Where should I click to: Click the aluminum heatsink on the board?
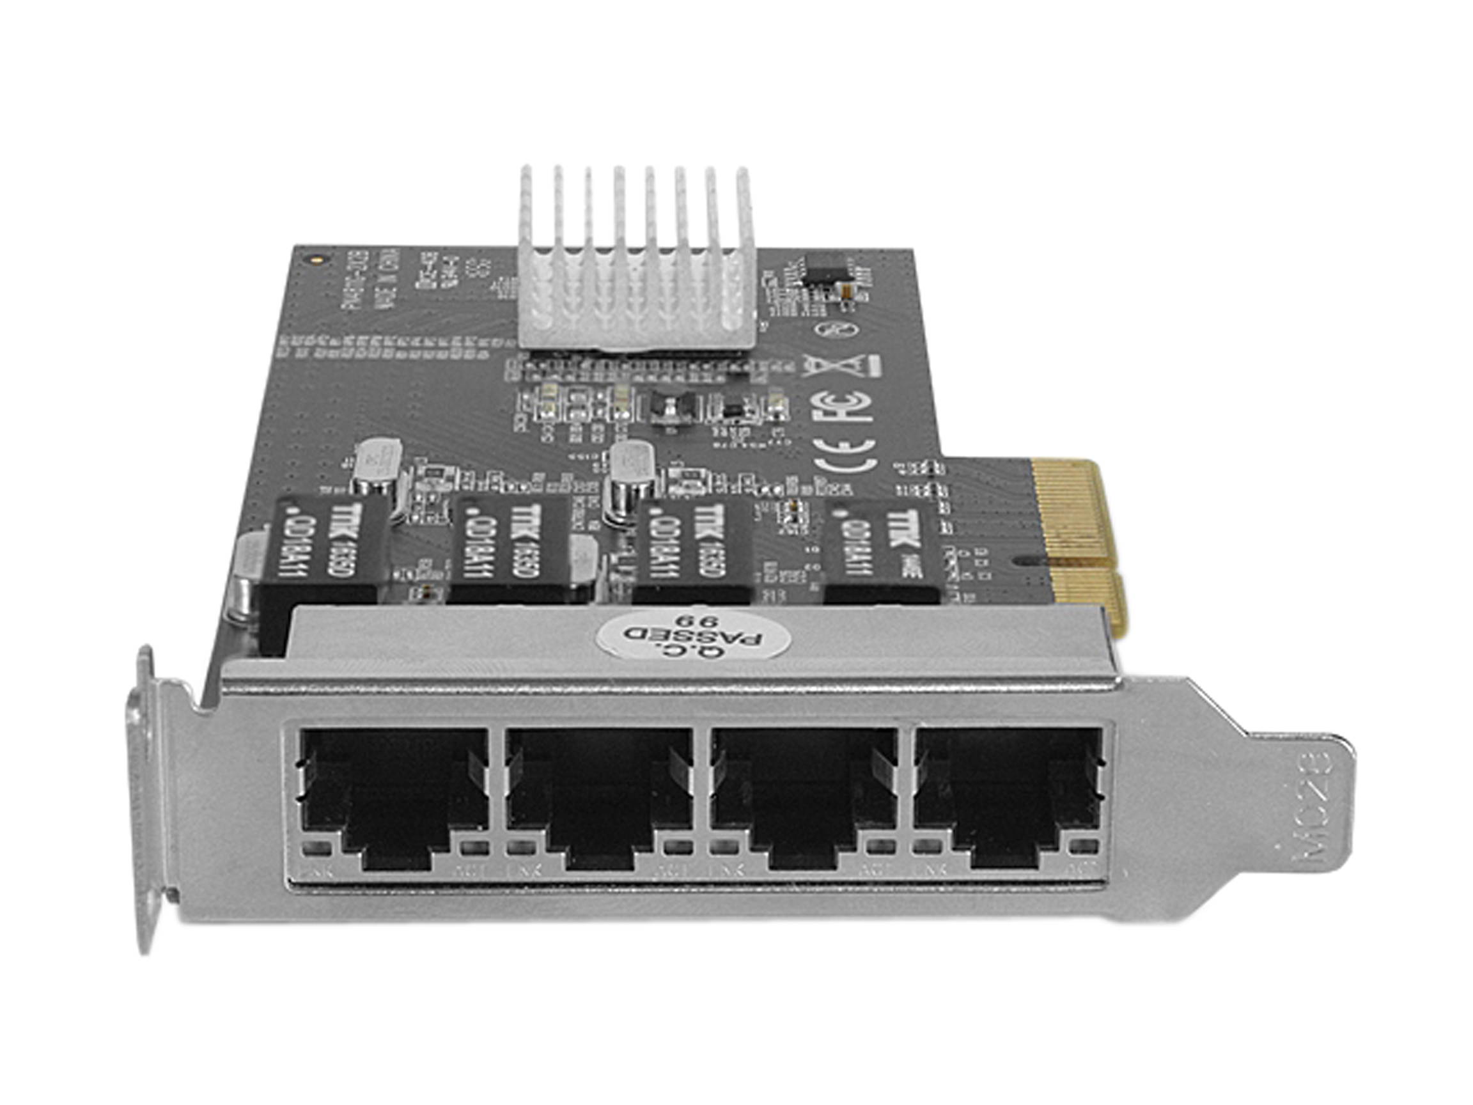click(637, 267)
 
